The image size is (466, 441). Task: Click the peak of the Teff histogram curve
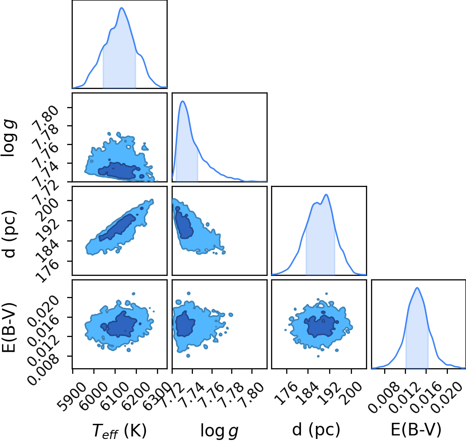click(122, 8)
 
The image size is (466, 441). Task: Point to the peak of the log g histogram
click(182, 102)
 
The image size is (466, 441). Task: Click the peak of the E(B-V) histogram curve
click(417, 287)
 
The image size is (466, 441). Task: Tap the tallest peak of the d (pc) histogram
click(327, 194)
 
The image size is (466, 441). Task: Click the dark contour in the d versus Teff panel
click(118, 227)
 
